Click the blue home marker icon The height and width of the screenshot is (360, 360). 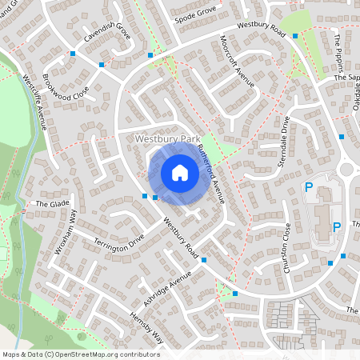(180, 173)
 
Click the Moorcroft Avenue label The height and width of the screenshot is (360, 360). (238, 71)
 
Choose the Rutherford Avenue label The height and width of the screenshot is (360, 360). (213, 170)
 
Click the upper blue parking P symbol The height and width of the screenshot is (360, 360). (308, 187)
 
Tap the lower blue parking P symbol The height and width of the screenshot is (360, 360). (336, 226)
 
